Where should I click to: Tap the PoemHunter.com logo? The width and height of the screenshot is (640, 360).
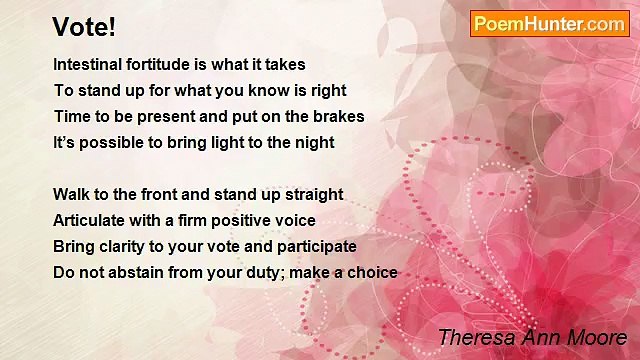tap(549, 24)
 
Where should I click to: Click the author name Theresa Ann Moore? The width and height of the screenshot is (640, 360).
tap(532, 337)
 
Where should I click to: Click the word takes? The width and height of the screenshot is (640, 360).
tap(284, 64)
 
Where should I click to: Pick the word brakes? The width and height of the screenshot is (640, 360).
tap(339, 116)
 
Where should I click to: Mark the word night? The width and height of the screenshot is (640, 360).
tap(314, 142)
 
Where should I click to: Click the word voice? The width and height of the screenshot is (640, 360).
tap(294, 220)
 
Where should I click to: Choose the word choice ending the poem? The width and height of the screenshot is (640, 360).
tap(373, 272)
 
